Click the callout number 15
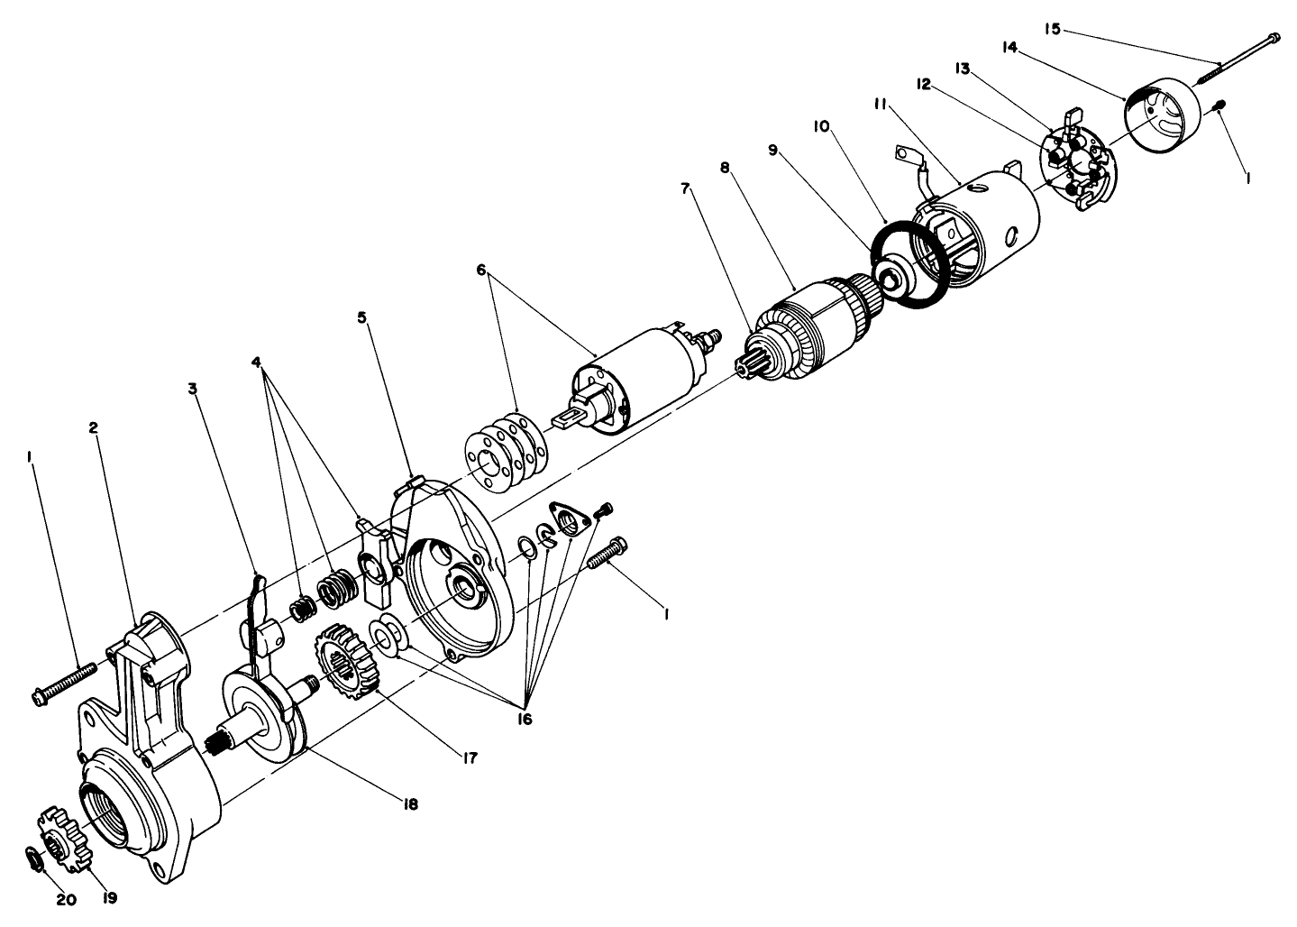click(1052, 29)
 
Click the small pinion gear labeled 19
click(65, 838)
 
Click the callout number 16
click(525, 719)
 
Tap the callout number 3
click(192, 390)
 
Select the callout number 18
click(410, 803)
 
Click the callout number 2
click(94, 427)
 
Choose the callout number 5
click(363, 317)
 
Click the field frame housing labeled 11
click(982, 225)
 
